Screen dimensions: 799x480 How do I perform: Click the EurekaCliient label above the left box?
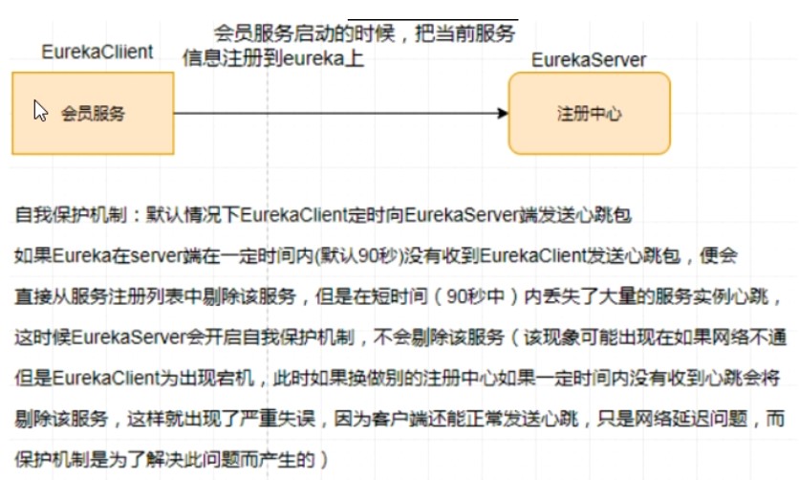tap(97, 53)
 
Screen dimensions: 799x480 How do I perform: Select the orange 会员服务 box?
tap(93, 113)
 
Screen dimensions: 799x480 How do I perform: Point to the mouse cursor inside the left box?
tap(40, 110)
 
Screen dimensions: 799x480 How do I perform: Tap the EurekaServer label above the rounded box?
tap(589, 60)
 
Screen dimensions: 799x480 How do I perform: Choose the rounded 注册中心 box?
tap(589, 113)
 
